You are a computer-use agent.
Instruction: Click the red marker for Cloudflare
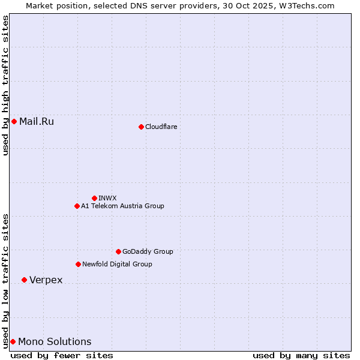(x=141, y=127)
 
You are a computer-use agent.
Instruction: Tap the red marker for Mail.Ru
(x=14, y=122)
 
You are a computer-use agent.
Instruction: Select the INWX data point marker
(x=94, y=198)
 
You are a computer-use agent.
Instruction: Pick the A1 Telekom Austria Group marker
(x=77, y=206)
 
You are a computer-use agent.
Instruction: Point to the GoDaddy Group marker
(x=118, y=251)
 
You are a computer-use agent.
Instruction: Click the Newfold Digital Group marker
(x=78, y=264)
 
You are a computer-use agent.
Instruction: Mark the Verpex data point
(x=24, y=280)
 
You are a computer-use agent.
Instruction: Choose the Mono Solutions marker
(x=13, y=341)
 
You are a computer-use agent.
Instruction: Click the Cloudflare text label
(x=161, y=127)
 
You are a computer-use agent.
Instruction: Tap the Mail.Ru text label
(x=37, y=122)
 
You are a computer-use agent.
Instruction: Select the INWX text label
(x=107, y=198)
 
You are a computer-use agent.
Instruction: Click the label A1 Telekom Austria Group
(x=122, y=206)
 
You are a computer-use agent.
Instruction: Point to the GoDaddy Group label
(x=148, y=251)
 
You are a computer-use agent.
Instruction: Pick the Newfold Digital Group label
(x=117, y=264)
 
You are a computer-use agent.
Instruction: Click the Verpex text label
(x=46, y=280)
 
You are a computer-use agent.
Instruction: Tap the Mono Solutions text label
(x=55, y=342)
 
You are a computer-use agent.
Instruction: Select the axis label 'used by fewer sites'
(x=62, y=355)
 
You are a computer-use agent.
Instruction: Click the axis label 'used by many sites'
(x=301, y=355)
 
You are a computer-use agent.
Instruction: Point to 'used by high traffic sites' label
(x=5, y=86)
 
